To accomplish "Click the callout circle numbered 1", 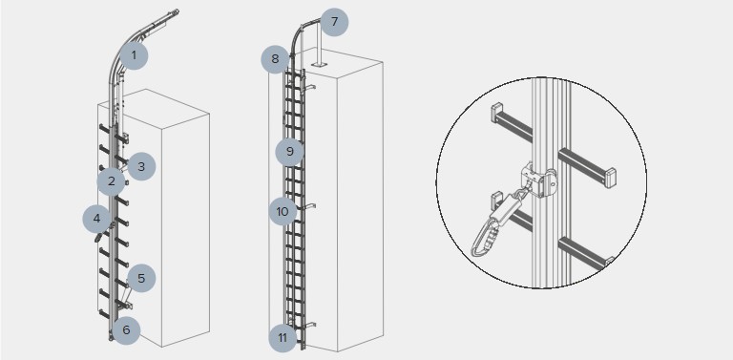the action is point(134,55).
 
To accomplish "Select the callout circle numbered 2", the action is point(112,181).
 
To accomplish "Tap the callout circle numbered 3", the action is point(141,166).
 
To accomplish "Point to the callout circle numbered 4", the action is point(96,219).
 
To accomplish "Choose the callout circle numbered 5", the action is point(141,278).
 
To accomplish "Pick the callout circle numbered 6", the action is point(126,330).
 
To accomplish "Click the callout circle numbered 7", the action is point(334,22).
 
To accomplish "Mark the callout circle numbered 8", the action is point(275,59).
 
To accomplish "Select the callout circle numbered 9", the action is point(289,152).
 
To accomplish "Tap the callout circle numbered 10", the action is point(283,211).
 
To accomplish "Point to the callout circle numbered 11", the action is point(283,337).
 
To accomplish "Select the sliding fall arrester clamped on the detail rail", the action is point(539,180).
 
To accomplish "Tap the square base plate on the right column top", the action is point(317,64).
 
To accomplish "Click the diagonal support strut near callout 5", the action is point(125,293).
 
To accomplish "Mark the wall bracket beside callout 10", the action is point(310,205).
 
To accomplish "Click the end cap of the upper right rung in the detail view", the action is point(611,178).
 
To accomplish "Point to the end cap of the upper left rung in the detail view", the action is point(496,113).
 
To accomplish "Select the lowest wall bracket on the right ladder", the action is point(310,324).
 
